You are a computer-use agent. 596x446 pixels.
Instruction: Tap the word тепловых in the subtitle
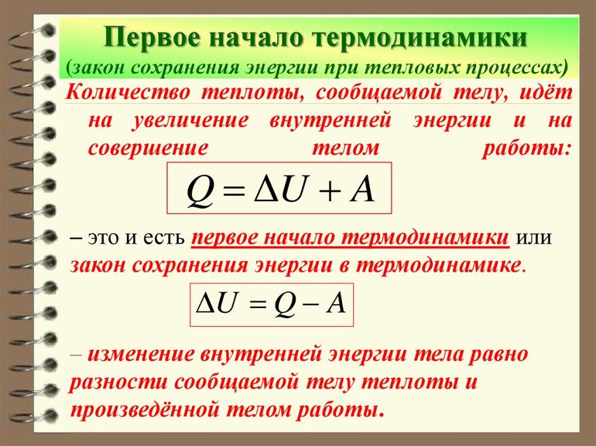pyautogui.click(x=413, y=68)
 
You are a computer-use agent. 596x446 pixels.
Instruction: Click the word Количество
pyautogui.click(x=128, y=92)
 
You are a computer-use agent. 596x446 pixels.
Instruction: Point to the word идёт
pyautogui.click(x=546, y=92)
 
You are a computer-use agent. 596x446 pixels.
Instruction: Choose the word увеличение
pyautogui.click(x=190, y=121)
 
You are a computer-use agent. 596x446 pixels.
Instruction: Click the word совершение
pyautogui.click(x=148, y=148)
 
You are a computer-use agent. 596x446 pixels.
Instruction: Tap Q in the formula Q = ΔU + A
pyautogui.click(x=200, y=191)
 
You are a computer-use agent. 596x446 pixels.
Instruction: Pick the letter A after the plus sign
pyautogui.click(x=362, y=190)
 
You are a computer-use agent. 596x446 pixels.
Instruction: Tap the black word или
pyautogui.click(x=533, y=238)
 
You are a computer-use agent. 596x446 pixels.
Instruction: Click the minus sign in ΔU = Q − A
pyautogui.click(x=310, y=305)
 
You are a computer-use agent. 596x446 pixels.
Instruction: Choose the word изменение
pyautogui.click(x=141, y=355)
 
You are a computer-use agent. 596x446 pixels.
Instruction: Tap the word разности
pyautogui.click(x=118, y=383)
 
